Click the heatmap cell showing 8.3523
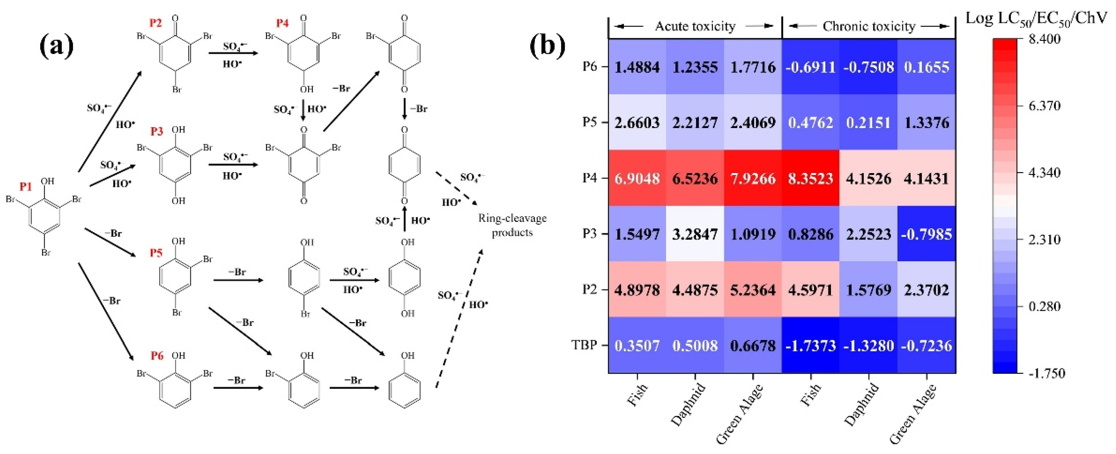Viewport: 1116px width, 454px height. pyautogui.click(x=810, y=178)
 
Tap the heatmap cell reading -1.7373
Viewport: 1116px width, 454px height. pyautogui.click(x=810, y=345)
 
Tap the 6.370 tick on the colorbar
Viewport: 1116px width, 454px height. pyautogui.click(x=1044, y=106)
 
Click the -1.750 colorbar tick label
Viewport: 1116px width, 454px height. pyautogui.click(x=1047, y=373)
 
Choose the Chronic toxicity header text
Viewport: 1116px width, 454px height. pyautogui.click(x=869, y=26)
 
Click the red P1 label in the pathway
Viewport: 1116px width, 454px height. pyautogui.click(x=26, y=186)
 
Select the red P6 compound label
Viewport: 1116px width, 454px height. pyautogui.click(x=157, y=356)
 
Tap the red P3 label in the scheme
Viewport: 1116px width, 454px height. pyautogui.click(x=156, y=131)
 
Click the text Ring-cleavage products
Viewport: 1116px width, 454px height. pyautogui.click(x=512, y=225)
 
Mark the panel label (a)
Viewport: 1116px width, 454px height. pyautogui.click(x=56, y=46)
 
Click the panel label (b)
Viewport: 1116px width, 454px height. pyautogui.click(x=547, y=46)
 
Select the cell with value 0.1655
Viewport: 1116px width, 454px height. pyautogui.click(x=926, y=67)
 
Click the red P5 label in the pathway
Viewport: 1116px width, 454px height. pyautogui.click(x=156, y=252)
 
